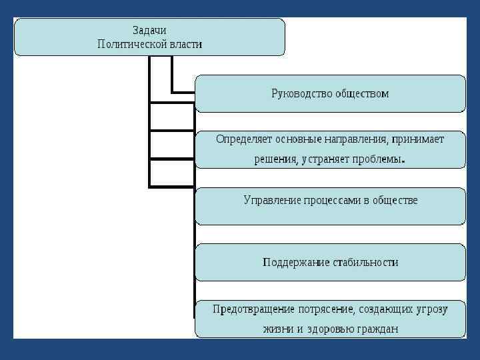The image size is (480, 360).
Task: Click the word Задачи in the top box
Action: click(149, 31)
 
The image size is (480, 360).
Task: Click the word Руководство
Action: click(301, 93)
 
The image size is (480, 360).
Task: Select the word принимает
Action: click(418, 139)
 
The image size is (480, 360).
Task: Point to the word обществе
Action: click(395, 200)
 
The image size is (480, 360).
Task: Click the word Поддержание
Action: click(295, 262)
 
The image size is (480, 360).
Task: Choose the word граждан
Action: click(377, 329)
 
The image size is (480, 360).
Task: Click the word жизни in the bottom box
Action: click(277, 329)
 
